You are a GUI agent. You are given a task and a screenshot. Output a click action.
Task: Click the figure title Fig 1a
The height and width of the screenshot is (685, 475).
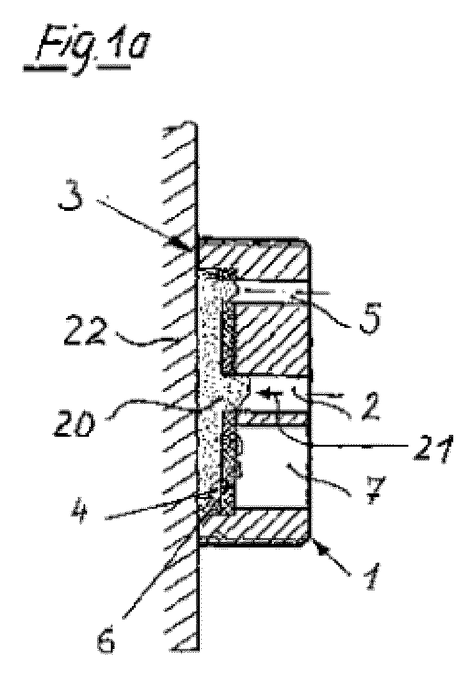86,50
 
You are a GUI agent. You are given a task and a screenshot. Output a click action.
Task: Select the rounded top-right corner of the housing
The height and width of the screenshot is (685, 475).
309,244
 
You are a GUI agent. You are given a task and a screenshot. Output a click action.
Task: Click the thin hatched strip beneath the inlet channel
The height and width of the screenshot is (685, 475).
273,419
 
